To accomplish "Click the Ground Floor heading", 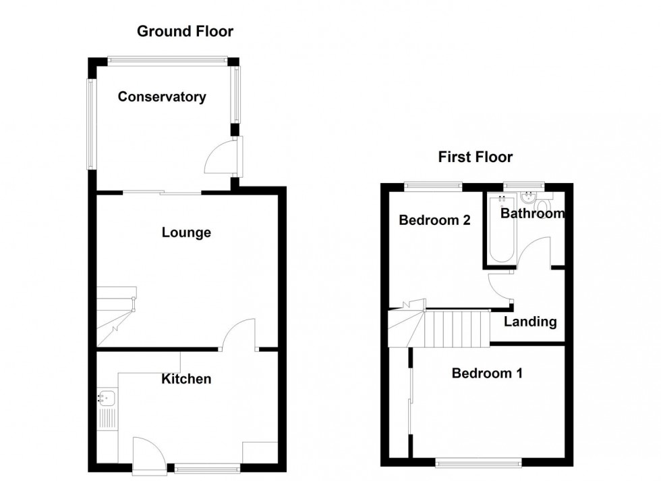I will coord(185,31).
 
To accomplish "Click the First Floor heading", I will coord(475,157).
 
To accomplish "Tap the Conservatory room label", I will coord(162,97).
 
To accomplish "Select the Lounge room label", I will coord(186,232).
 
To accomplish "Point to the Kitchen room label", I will coord(186,379).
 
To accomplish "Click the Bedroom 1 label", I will coord(486,373).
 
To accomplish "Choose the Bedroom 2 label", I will coord(434,220).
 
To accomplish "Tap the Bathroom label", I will coord(531,213).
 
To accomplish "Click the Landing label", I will coord(530,322).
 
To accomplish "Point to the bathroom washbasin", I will coord(528,198).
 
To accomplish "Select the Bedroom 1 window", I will coord(478,462).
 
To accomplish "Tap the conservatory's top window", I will coord(167,61).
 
